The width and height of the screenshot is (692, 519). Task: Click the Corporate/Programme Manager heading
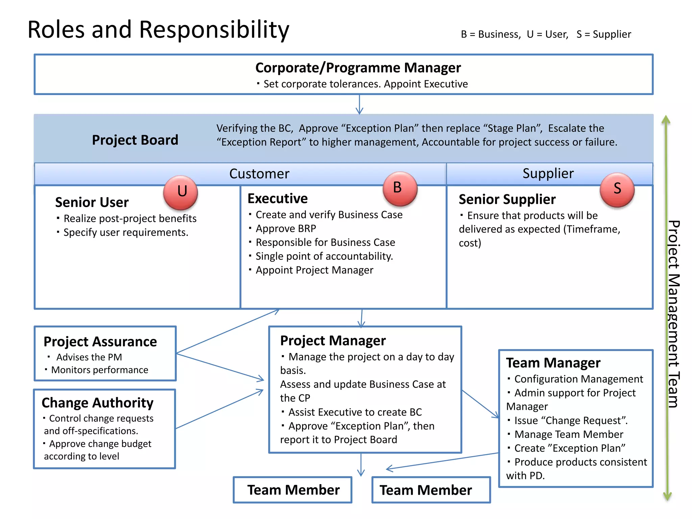pyautogui.click(x=358, y=68)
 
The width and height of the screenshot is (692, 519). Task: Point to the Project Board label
pyautogui.click(x=135, y=140)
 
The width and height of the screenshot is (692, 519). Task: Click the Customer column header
pyautogui.click(x=259, y=174)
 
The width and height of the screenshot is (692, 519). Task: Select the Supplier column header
pyautogui.click(x=548, y=173)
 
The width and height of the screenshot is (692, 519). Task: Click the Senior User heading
pyautogui.click(x=92, y=202)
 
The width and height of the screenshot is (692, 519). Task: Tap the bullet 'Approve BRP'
pyautogui.click(x=286, y=229)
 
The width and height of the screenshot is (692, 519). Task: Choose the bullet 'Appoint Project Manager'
pyautogui.click(x=314, y=270)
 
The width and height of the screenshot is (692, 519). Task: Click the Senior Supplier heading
pyautogui.click(x=507, y=199)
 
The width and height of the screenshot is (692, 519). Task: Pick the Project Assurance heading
pyautogui.click(x=100, y=342)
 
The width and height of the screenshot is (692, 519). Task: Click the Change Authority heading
pyautogui.click(x=98, y=403)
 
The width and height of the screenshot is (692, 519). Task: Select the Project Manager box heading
pyautogui.click(x=333, y=341)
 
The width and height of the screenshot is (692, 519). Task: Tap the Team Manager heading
pyautogui.click(x=553, y=363)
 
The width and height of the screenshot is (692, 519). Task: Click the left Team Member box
pyautogui.click(x=293, y=490)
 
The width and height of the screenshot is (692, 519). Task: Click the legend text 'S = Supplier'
pyautogui.click(x=603, y=34)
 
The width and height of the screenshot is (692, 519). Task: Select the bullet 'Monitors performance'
pyautogui.click(x=99, y=370)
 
